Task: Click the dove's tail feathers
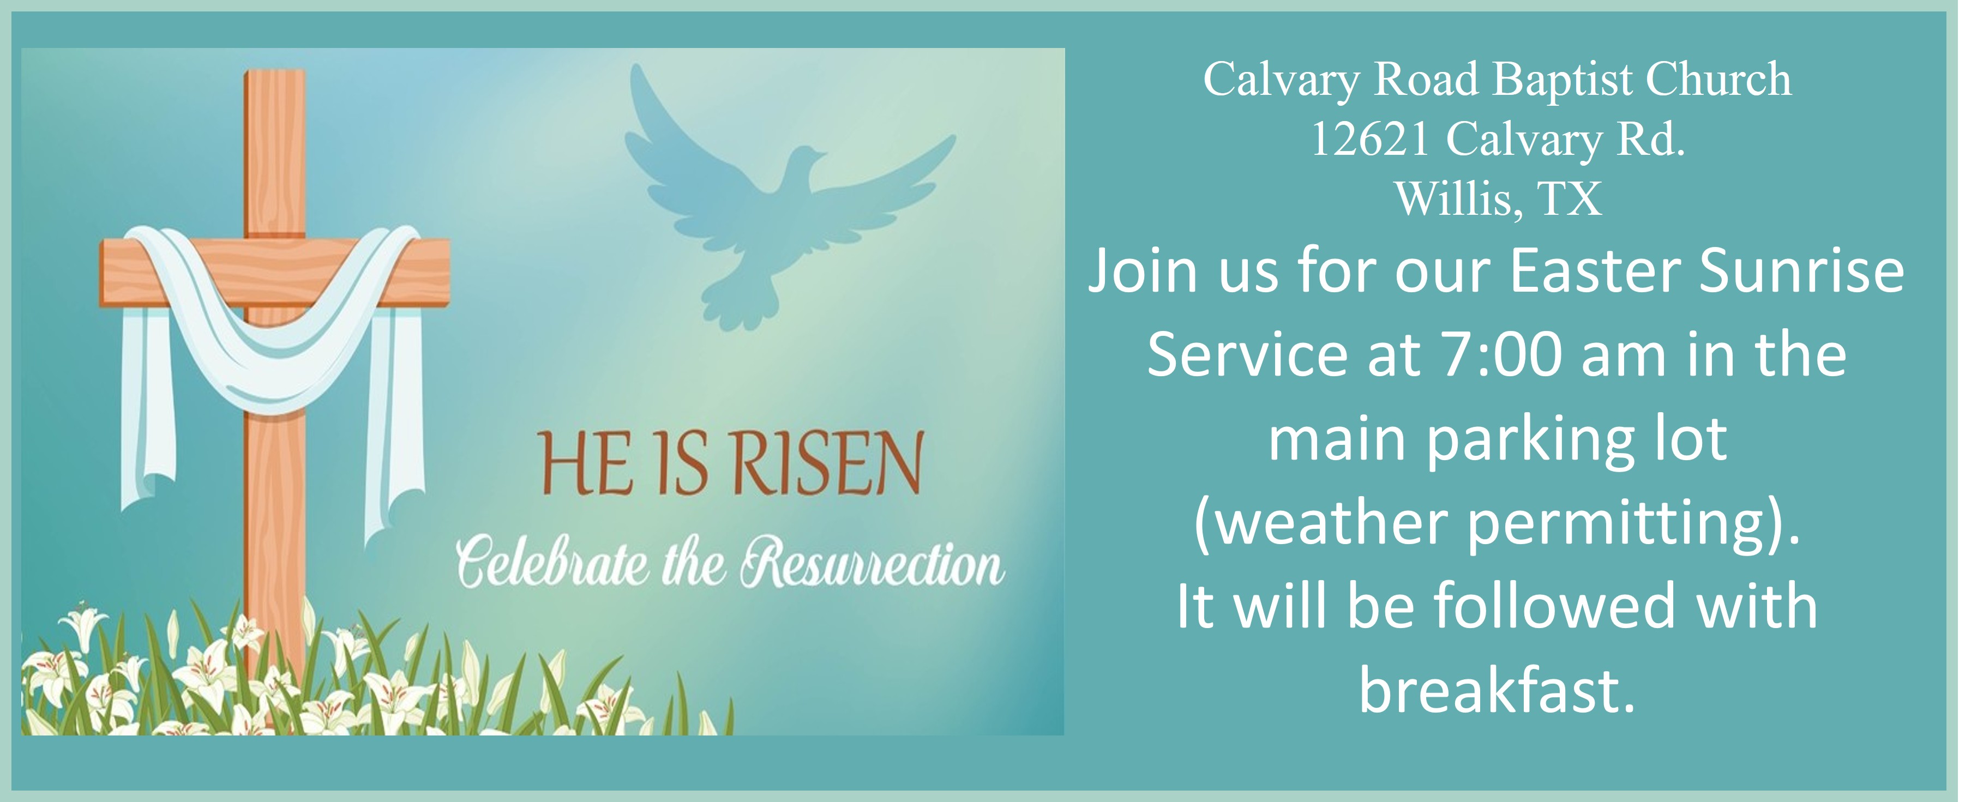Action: tap(738, 304)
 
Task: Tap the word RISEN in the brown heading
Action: tap(827, 463)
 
